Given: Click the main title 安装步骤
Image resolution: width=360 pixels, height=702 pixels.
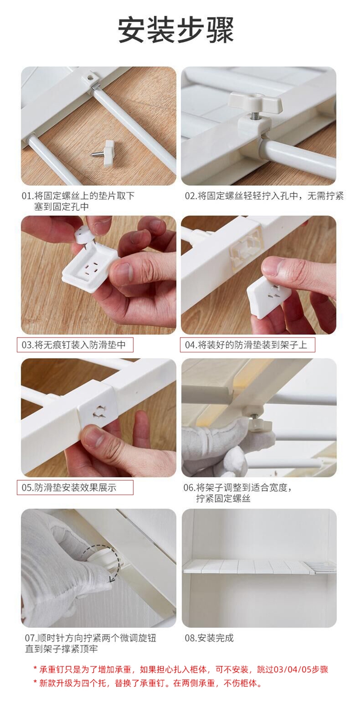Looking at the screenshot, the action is point(176,30).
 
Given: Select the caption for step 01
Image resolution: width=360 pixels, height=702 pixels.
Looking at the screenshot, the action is point(78,201).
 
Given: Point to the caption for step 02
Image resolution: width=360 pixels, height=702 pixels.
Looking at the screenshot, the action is point(264,196).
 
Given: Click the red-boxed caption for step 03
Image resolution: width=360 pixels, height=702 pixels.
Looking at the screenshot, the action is point(75,345).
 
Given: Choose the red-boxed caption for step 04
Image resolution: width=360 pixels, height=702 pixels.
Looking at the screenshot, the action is point(247,345).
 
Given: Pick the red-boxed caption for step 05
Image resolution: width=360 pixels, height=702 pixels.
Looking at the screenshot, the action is point(75,487).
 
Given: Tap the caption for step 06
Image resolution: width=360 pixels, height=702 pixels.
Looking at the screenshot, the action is point(238,493).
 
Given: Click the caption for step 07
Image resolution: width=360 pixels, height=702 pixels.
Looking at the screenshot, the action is point(91,643).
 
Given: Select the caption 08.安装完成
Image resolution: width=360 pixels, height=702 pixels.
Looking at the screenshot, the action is point(209,638).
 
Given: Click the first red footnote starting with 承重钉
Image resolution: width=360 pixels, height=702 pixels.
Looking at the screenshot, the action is point(181,669).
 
